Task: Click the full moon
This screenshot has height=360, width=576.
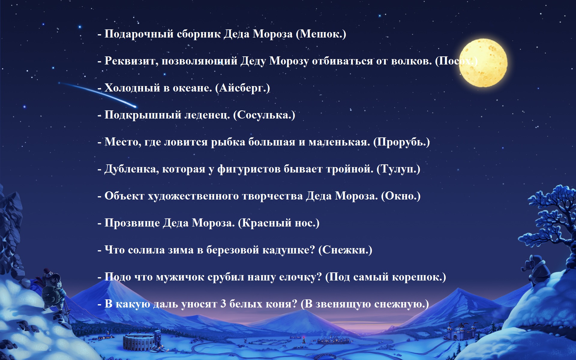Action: coord(483,63)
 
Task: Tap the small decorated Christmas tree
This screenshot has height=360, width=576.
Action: coord(304,340)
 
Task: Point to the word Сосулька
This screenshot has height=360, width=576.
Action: coord(263,115)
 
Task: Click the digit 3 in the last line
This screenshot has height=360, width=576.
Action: coord(223,304)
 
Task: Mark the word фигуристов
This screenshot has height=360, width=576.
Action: coord(249,169)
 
